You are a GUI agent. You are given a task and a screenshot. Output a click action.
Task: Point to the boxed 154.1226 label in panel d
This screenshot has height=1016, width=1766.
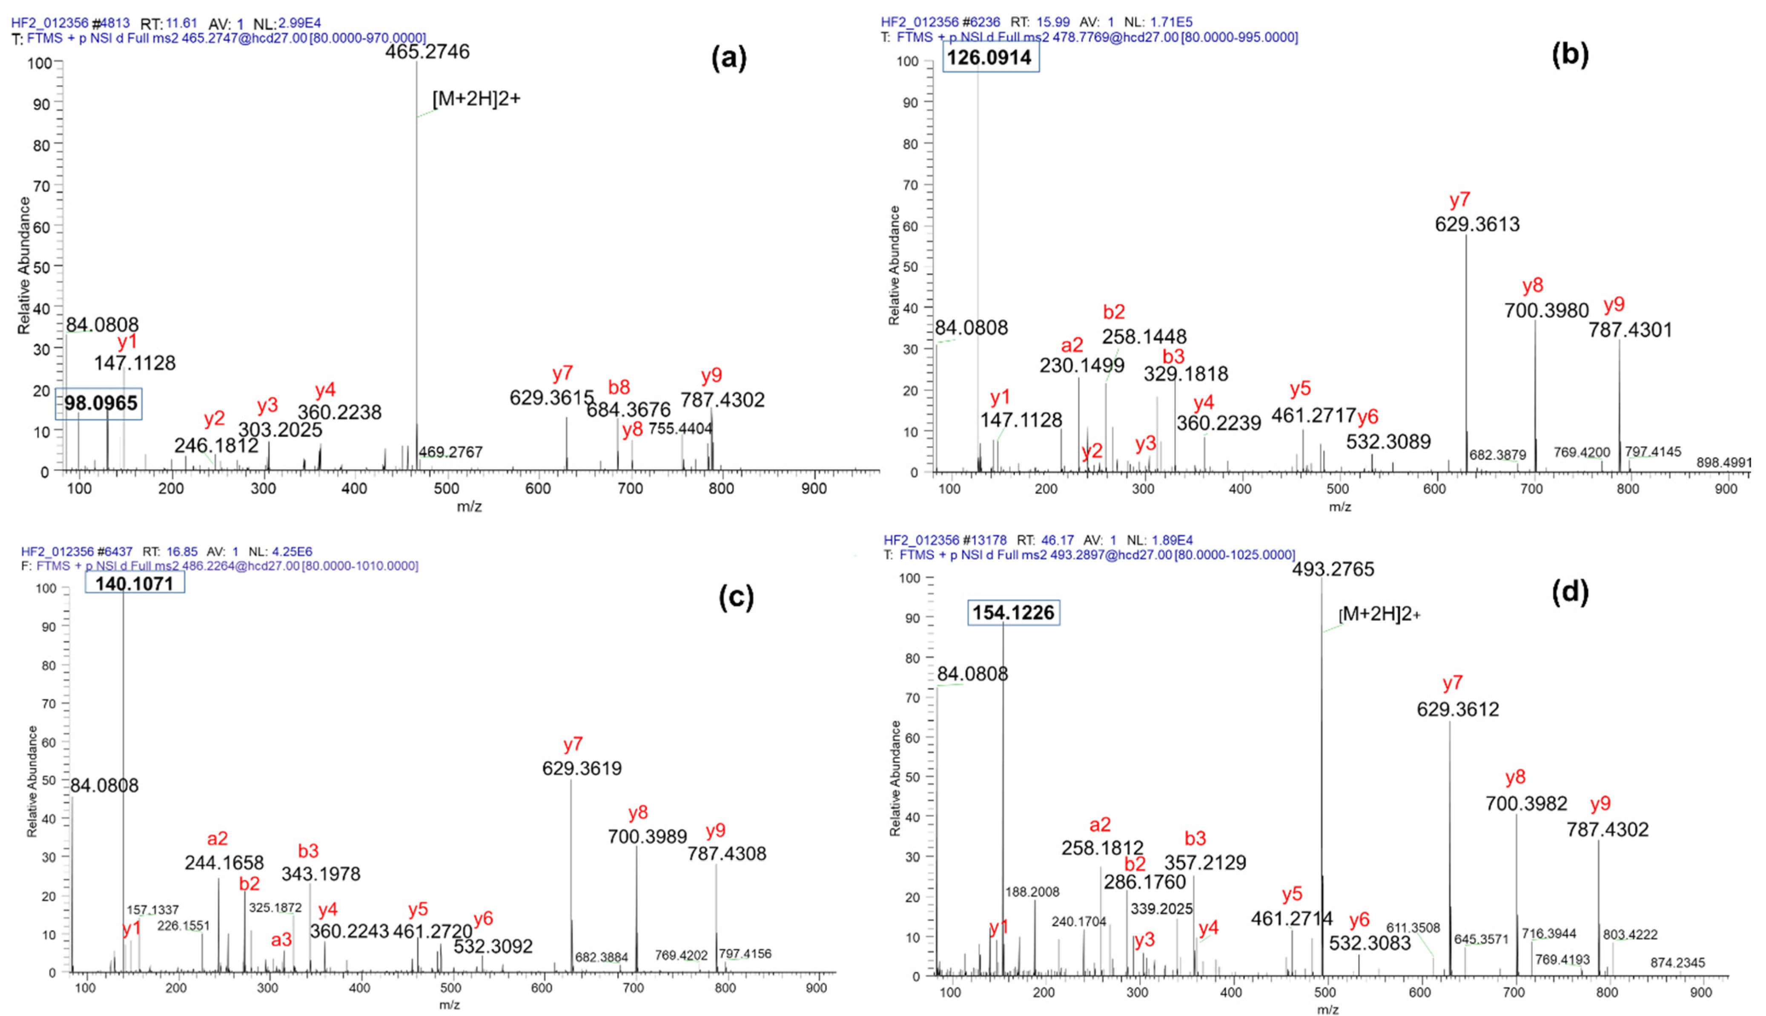coord(1013,612)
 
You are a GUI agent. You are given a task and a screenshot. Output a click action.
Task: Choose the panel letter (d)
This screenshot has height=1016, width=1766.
coord(1570,592)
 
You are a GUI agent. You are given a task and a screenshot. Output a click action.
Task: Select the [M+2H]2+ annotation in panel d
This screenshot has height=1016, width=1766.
coord(1379,614)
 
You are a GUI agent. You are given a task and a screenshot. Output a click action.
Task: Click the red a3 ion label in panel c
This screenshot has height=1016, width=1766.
coord(281,940)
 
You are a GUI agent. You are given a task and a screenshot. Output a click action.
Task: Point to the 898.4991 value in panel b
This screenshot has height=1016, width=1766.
coord(1723,463)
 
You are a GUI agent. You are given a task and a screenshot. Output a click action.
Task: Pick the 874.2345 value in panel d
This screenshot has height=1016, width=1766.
coord(1677,963)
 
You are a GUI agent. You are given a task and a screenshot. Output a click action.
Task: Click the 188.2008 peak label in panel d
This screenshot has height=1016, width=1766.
coord(1032,892)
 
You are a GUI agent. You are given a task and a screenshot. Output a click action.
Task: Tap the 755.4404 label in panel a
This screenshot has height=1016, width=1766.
coord(680,429)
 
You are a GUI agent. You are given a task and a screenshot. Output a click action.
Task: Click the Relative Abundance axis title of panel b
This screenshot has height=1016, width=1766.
coord(894,265)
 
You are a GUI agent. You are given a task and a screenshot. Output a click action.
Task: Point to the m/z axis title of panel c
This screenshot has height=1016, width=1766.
coord(449,1005)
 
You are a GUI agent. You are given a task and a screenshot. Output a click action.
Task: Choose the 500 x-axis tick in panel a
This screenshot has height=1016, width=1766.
coord(447,489)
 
